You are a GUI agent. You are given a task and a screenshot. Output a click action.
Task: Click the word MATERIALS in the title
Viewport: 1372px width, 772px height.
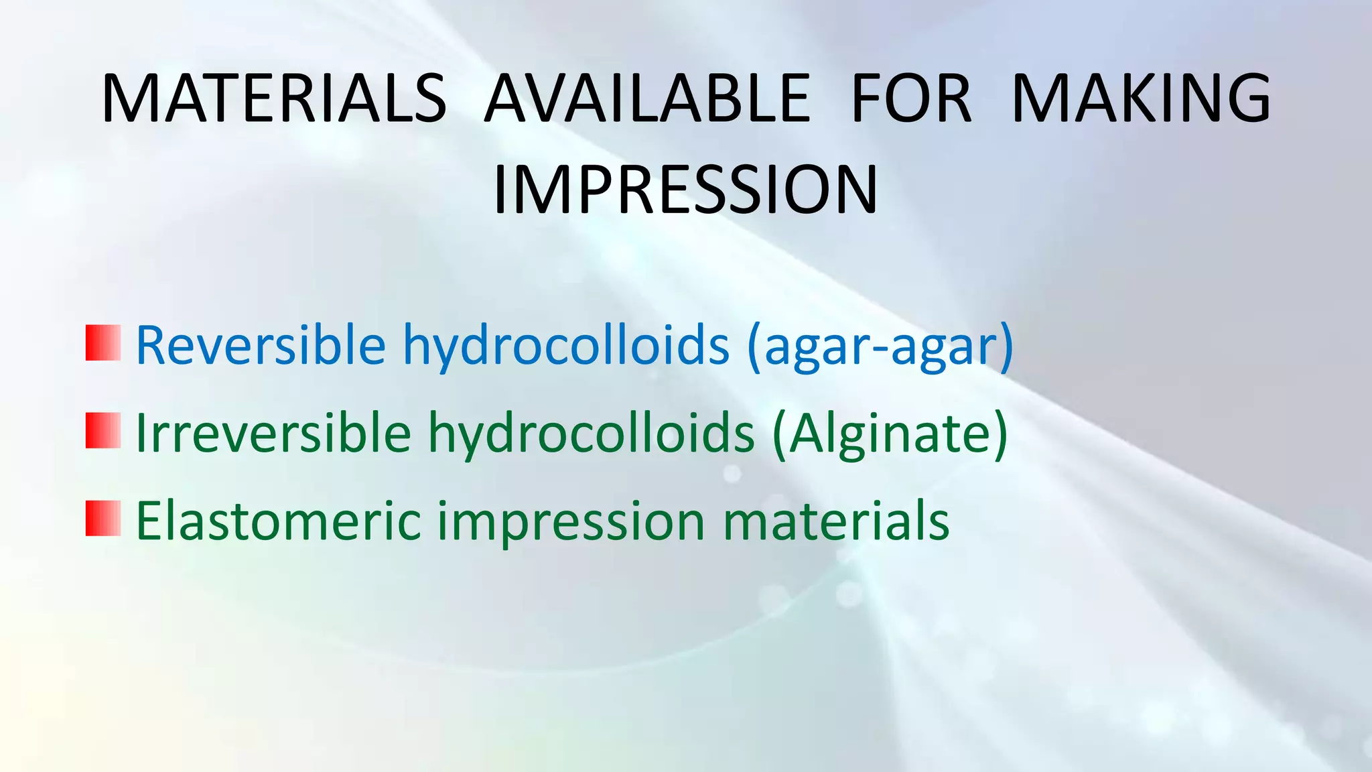pyautogui.click(x=273, y=99)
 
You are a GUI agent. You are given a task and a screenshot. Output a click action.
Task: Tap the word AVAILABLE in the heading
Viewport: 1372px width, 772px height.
pyautogui.click(x=647, y=99)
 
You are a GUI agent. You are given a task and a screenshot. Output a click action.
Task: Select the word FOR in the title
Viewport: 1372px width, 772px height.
pyautogui.click(x=910, y=99)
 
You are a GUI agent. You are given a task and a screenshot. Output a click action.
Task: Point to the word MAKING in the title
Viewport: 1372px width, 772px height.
pyautogui.click(x=1141, y=99)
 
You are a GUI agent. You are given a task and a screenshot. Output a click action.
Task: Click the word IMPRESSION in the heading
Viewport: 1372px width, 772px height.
pyautogui.click(x=685, y=190)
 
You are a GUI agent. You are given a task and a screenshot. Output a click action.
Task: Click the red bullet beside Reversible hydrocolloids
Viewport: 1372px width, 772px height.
pyautogui.click(x=103, y=343)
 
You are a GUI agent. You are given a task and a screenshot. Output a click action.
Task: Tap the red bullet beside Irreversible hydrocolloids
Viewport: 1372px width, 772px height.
pyautogui.click(x=103, y=430)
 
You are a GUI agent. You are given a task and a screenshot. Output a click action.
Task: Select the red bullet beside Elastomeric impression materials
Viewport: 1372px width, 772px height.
pyautogui.click(x=103, y=518)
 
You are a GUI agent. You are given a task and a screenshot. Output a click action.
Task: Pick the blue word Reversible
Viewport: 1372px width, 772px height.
pyautogui.click(x=261, y=345)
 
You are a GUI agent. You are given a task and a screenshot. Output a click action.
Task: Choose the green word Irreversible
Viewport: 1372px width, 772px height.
pyautogui.click(x=273, y=433)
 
